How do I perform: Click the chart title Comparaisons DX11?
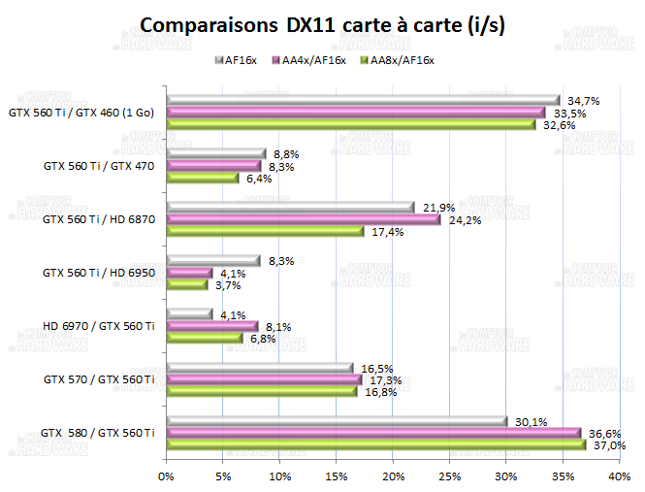[x=322, y=23]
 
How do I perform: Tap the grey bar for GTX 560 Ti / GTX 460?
[x=363, y=100]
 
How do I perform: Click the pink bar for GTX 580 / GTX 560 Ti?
[x=372, y=433]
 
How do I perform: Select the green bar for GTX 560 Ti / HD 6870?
[x=265, y=231]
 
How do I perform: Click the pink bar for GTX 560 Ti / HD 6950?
[x=189, y=274]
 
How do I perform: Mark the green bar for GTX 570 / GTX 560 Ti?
[x=262, y=392]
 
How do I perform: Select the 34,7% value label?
[x=582, y=101]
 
